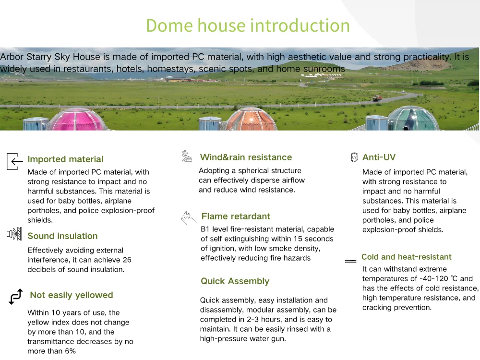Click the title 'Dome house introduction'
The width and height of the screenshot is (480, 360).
click(x=248, y=25)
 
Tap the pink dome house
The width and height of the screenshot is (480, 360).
click(x=78, y=120)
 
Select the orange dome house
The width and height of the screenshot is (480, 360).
click(x=251, y=120)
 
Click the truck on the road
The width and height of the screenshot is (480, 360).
click(x=377, y=98)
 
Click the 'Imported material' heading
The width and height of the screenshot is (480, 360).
click(x=65, y=159)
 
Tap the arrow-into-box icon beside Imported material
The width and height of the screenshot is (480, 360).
click(x=14, y=161)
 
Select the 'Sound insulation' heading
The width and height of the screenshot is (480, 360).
click(x=62, y=236)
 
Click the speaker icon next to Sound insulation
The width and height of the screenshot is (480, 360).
click(x=14, y=234)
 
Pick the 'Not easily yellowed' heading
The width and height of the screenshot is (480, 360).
click(x=72, y=295)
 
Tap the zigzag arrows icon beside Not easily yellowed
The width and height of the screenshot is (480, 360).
click(x=16, y=296)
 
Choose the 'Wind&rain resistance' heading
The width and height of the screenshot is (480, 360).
click(x=246, y=157)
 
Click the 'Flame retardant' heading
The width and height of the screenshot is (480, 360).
click(x=236, y=216)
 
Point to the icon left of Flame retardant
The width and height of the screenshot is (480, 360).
click(x=189, y=218)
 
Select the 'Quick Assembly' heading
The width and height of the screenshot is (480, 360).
click(x=235, y=281)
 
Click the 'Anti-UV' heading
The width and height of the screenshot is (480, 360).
click(x=379, y=157)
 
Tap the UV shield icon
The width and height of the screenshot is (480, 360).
click(x=354, y=157)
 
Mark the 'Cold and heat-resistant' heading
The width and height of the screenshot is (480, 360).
click(x=407, y=257)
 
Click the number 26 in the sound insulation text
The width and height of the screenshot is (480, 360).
click(x=127, y=260)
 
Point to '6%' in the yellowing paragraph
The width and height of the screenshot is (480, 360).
click(x=71, y=351)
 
